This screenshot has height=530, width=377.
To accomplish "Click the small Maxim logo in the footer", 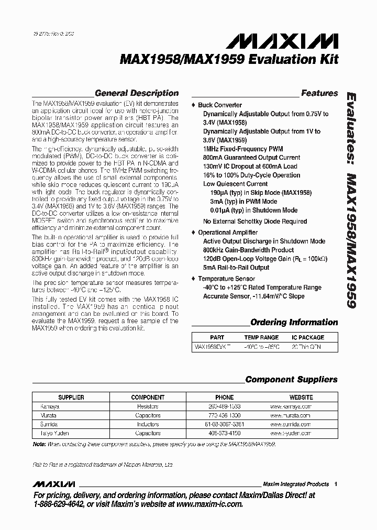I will pos(54,483).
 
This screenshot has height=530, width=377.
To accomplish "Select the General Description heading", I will pos(133,93).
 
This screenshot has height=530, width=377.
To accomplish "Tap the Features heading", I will pos(319,93).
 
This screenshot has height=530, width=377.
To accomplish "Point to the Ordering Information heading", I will pos(294,322).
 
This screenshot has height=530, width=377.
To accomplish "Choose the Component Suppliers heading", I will pos(291,380).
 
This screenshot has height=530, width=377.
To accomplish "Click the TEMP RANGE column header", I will pos(261,338).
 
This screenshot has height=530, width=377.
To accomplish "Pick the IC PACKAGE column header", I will pos(308,338).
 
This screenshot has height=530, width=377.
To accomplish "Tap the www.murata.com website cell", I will pos(291,415).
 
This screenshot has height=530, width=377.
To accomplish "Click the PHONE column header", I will pos(224,397).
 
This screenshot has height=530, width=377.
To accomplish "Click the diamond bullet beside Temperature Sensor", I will pos(194,279).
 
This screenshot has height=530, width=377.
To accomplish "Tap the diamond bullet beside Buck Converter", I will pos(194,105).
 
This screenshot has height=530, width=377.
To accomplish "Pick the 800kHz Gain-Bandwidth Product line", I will pos(248,250).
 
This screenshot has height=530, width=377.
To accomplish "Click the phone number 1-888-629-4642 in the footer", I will pos(55,504).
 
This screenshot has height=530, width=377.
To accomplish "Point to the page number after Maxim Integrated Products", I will pos(336,484).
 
